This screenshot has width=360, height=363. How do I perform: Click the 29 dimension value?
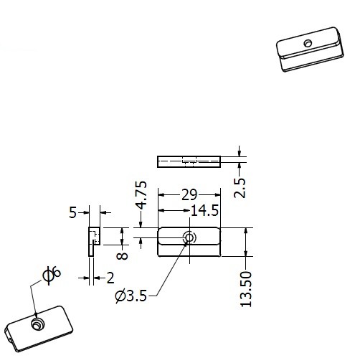pyautogui.click(x=189, y=194)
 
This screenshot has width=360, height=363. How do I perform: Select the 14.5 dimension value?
pyautogui.click(x=205, y=211)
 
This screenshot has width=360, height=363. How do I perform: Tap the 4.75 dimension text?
pyautogui.click(x=141, y=195)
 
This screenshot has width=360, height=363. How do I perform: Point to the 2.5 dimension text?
pyautogui.click(x=240, y=188)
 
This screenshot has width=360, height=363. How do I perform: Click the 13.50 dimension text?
pyautogui.click(x=246, y=289)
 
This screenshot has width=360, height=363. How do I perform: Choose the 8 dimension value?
pyautogui.click(x=122, y=256)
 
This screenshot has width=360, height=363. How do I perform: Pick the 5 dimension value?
pyautogui.click(x=72, y=212)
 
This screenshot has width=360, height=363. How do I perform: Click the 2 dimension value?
pyautogui.click(x=110, y=278)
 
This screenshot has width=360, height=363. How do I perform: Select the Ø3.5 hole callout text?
pyautogui.click(x=131, y=296)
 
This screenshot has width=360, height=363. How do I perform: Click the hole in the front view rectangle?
pyautogui.click(x=189, y=238)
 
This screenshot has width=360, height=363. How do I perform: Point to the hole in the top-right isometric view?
pyautogui.click(x=308, y=43)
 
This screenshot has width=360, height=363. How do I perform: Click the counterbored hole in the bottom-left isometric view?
pyautogui.click(x=37, y=324)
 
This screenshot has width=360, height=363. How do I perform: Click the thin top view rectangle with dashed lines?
pyautogui.click(x=189, y=161)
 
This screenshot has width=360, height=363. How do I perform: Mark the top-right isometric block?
pyautogui.click(x=310, y=49)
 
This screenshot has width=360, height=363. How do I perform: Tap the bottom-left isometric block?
pyautogui.click(x=39, y=329)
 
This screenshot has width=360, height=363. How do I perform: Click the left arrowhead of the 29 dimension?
pyautogui.click(x=161, y=195)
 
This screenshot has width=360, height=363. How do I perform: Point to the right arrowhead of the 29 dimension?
pyautogui.click(x=217, y=195)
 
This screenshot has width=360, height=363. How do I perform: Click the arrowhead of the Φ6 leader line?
pyautogui.click(x=36, y=316)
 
